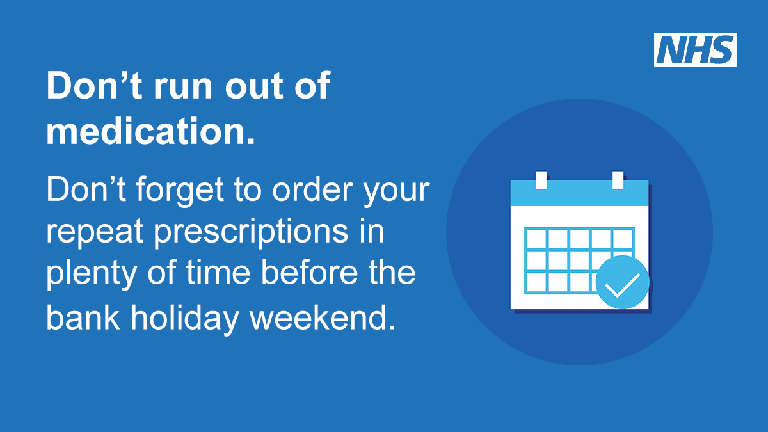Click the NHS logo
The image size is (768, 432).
pyautogui.click(x=695, y=50)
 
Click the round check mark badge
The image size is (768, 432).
pyautogui.click(x=622, y=282)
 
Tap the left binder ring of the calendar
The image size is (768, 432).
pyautogui.click(x=541, y=180)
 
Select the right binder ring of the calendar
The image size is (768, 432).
pyautogui.click(x=618, y=180)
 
